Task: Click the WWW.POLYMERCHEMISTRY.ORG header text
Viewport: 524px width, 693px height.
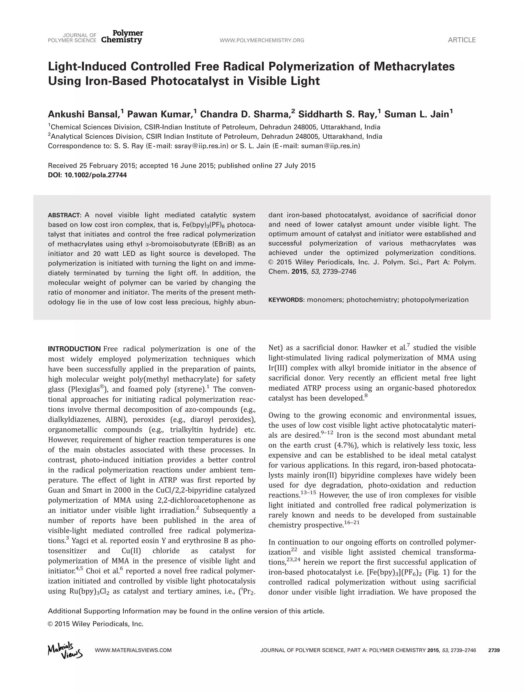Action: click(x=262, y=40)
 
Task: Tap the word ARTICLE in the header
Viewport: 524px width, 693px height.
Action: click(x=461, y=40)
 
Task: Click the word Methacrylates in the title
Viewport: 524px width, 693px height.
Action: click(x=414, y=66)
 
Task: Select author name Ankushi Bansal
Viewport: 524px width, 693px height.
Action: click(x=84, y=114)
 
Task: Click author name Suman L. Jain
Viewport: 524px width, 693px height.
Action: click(x=417, y=114)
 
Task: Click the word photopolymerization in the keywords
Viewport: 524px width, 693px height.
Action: click(x=435, y=300)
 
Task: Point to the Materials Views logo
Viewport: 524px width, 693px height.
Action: click(x=65, y=651)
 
